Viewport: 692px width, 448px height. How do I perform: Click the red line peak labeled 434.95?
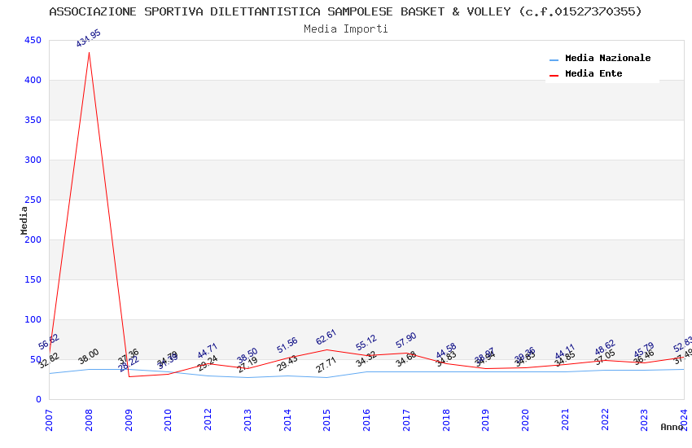click(89, 53)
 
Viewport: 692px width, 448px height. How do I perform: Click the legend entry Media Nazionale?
click(607, 59)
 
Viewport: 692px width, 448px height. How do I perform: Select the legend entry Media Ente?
click(593, 74)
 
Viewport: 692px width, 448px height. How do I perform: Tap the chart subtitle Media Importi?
click(346, 29)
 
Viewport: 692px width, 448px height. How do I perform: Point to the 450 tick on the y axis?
click(33, 41)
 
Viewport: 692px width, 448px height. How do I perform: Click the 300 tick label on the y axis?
click(33, 160)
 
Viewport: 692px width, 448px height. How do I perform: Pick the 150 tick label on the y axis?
click(33, 280)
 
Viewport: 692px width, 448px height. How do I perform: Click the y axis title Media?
click(24, 220)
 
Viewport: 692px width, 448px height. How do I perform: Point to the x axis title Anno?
click(672, 427)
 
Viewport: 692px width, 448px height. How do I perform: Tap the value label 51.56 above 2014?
click(287, 345)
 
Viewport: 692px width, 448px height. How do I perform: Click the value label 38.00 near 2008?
click(88, 356)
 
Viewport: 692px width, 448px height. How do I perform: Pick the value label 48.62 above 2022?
click(604, 348)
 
